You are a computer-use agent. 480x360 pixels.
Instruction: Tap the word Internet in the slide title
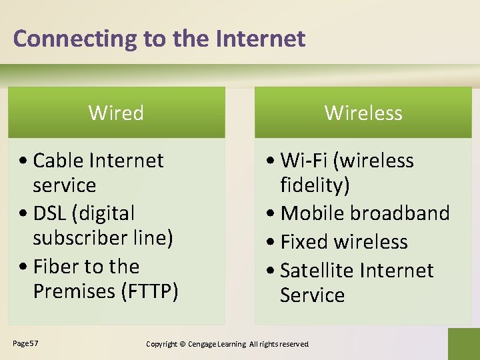click(261, 39)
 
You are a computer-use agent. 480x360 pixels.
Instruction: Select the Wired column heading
click(116, 113)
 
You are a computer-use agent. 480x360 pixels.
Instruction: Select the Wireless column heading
click(363, 113)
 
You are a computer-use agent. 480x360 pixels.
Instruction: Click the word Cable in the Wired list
click(58, 161)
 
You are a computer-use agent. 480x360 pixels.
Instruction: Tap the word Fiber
click(57, 267)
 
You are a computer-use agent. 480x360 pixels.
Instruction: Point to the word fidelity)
click(315, 185)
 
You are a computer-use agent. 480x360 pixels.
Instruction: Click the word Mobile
click(312, 213)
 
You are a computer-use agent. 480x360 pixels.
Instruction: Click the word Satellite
click(317, 271)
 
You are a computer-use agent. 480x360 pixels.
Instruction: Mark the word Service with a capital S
click(312, 295)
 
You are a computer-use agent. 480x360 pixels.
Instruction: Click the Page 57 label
click(25, 343)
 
